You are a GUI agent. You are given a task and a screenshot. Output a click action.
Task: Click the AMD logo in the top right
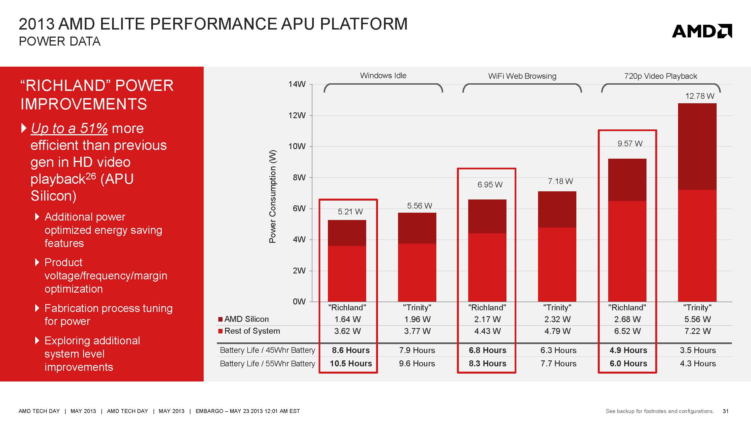701,31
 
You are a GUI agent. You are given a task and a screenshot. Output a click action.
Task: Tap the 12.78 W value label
699,96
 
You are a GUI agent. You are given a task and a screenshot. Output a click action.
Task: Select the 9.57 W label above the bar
630,143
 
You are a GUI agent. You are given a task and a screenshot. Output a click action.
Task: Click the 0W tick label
299,301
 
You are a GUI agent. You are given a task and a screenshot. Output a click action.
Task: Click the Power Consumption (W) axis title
272,196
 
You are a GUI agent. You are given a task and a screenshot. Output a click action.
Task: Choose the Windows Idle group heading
383,76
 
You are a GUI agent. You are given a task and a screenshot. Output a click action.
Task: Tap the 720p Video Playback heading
660,76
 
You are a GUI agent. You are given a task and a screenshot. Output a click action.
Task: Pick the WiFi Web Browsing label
522,76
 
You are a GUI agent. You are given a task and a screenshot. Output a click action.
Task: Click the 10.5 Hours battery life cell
350,363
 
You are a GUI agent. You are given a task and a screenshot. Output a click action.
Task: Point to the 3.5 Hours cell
698,350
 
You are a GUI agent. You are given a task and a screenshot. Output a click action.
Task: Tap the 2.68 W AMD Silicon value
627,319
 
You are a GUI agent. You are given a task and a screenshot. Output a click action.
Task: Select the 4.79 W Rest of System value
557,331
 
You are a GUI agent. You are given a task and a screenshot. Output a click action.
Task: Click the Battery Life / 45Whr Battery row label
267,350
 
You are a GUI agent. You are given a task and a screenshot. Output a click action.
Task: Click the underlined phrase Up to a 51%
69,129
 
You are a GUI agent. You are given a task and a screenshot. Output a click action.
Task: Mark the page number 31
726,411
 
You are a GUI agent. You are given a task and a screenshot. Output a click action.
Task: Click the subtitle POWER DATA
59,42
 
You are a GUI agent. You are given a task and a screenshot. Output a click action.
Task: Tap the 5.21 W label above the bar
350,212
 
